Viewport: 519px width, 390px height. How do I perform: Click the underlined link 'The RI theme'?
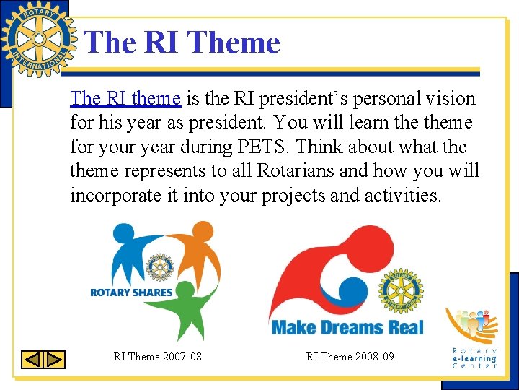click(125, 98)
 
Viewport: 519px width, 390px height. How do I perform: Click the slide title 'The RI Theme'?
click(182, 43)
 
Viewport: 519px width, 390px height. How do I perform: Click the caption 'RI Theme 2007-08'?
click(158, 357)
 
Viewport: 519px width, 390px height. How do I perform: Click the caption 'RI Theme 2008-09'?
click(350, 357)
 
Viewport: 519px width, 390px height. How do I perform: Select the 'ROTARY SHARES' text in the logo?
click(130, 292)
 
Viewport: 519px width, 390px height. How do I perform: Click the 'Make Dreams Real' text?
click(347, 327)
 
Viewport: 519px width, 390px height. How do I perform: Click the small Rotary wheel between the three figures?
click(160, 266)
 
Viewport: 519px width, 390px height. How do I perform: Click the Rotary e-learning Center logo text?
click(474, 359)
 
